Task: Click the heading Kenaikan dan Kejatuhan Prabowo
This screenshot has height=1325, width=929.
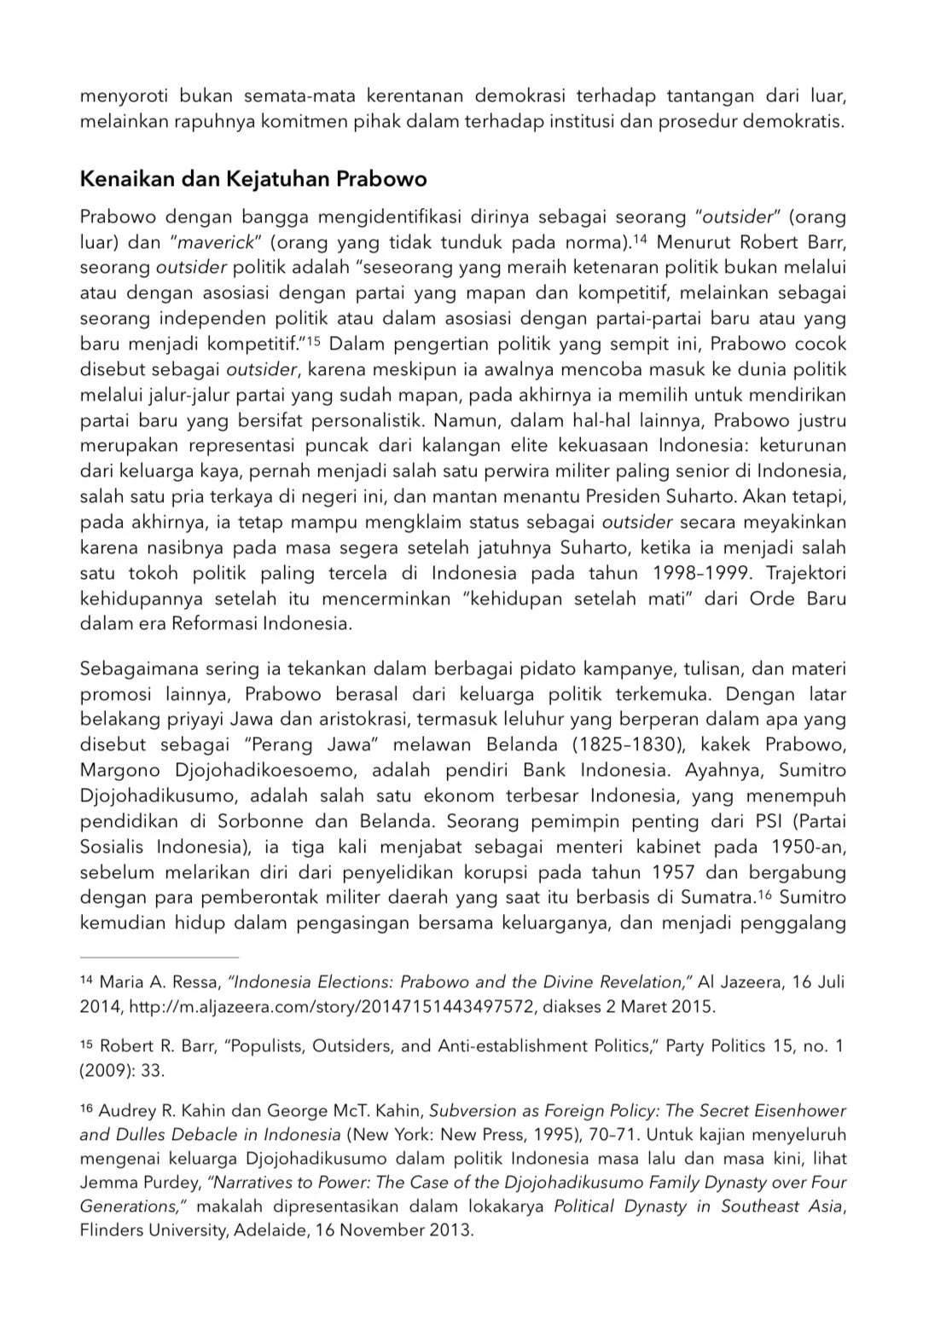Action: tap(253, 179)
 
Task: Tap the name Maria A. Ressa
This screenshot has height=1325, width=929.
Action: tap(159, 981)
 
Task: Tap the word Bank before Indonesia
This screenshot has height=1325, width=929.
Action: tap(545, 770)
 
